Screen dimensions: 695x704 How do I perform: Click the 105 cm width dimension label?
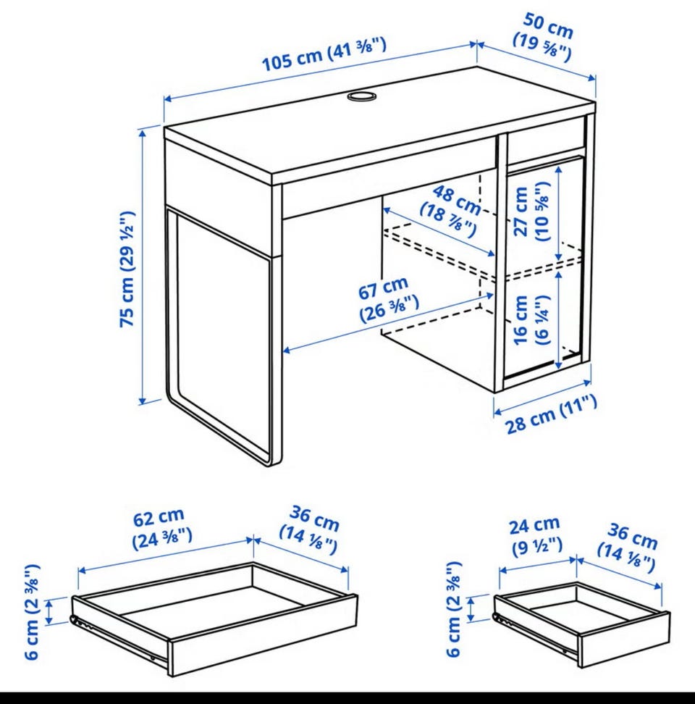tap(324, 55)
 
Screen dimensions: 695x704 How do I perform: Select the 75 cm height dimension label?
tap(127, 269)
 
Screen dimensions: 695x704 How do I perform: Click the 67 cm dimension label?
tap(387, 299)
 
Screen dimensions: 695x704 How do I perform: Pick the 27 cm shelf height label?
tap(531, 211)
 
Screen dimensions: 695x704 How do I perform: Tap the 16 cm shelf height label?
tap(531, 319)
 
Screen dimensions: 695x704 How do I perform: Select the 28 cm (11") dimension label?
tap(552, 414)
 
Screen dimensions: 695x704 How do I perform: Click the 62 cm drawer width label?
tap(161, 529)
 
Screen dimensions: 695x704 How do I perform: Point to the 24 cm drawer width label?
tap(536, 536)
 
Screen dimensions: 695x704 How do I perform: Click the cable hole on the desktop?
tap(362, 96)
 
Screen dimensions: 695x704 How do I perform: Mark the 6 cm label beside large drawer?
tap(33, 612)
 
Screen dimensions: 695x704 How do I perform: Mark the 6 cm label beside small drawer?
tap(454, 608)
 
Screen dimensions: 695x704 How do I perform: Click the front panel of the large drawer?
tap(264, 634)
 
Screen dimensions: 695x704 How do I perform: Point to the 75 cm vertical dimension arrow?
tap(143, 266)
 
